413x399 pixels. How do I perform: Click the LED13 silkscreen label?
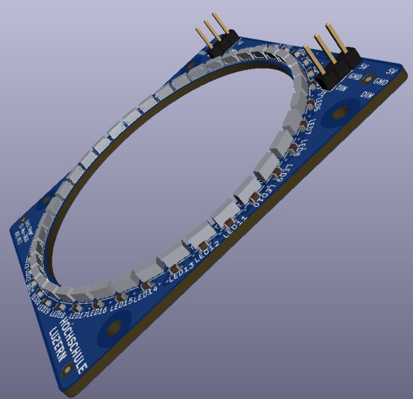pos(182,267)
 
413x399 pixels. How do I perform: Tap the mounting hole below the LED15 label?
pos(111,328)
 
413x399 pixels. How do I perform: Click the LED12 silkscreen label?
pos(209,248)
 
